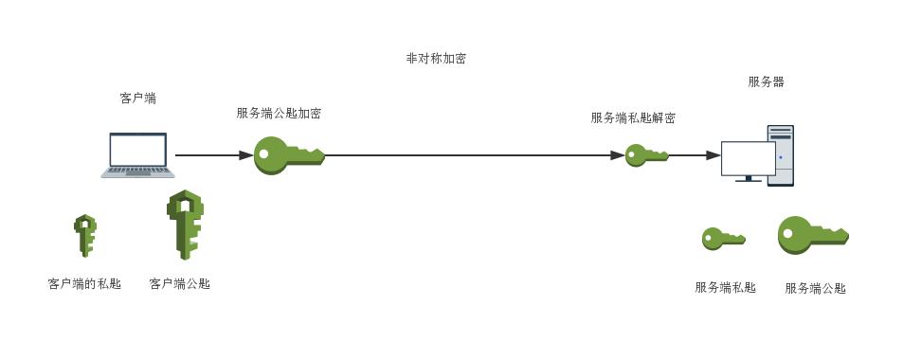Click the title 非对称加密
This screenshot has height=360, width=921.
coord(436,59)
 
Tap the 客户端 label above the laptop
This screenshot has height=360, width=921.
coord(138,98)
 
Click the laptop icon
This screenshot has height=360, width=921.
coord(138,154)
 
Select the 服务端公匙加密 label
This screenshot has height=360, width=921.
coord(279,114)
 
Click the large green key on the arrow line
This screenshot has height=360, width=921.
coord(288,155)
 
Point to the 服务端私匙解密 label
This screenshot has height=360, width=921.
coord(633,118)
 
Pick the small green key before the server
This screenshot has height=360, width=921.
coord(647,155)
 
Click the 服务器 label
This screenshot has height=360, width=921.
coord(766,82)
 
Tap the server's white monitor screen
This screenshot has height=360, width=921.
coord(748,158)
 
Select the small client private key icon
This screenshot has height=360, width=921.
coord(85,235)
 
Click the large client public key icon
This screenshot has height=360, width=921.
coord(185,225)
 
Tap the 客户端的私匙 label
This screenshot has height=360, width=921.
coord(84,283)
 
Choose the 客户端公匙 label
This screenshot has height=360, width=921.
coord(180,283)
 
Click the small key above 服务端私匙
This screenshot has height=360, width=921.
coord(723,239)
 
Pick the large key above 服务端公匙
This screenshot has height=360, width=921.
coord(812,235)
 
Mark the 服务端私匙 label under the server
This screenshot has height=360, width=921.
coord(725,288)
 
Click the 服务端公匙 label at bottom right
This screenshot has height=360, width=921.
coord(815,289)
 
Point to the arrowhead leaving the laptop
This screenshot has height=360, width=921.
coord(245,155)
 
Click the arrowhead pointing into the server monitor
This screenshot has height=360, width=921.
coord(713,155)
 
